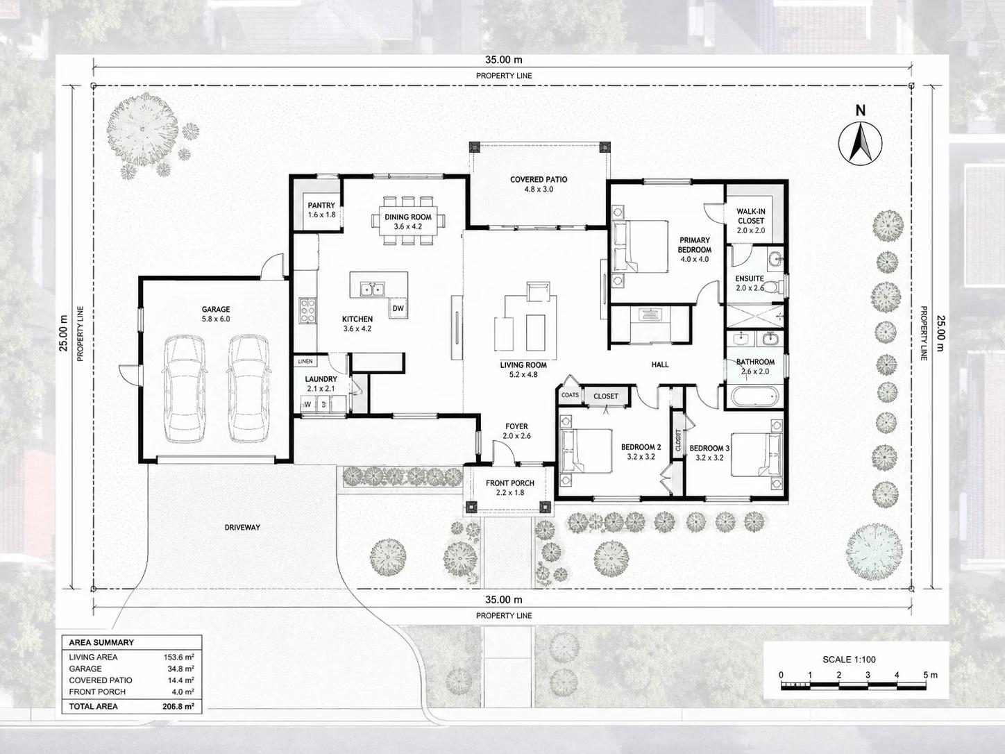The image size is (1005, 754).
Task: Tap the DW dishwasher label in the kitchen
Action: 398,308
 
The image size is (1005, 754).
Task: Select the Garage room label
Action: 216,310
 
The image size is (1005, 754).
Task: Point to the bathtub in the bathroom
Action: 754,396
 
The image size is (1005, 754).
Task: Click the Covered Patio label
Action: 539,179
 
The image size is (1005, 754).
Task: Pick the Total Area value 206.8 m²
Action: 178,706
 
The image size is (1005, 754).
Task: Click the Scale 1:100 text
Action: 849,660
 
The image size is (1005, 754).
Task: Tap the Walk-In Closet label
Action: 751,216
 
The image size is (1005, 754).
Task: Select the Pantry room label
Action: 321,206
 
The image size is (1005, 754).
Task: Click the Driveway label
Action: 242,528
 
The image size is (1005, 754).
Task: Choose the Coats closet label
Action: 570,394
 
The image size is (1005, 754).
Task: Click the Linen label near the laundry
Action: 305,361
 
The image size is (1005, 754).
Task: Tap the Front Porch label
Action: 510,483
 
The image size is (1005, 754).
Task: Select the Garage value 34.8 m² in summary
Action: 180,669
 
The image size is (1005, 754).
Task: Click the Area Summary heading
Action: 101,642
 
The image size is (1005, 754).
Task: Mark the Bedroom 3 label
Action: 709,449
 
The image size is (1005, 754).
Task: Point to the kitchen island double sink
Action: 372,289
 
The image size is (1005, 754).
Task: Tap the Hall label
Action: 660,365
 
